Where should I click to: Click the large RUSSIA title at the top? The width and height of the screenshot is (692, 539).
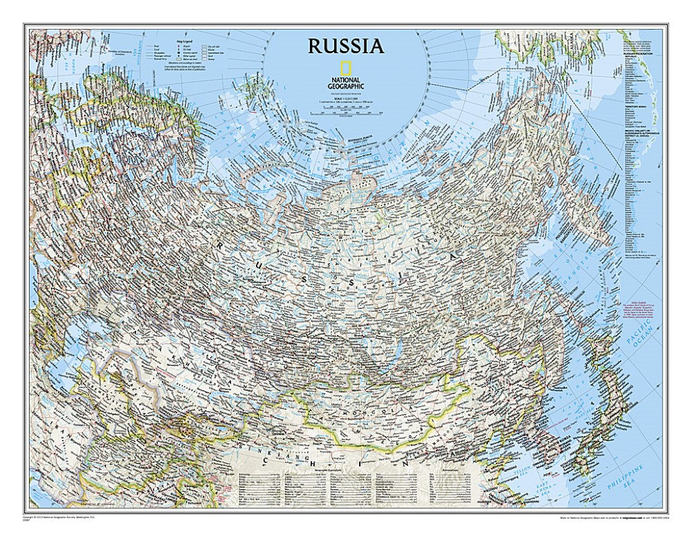pyautogui.click(x=346, y=46)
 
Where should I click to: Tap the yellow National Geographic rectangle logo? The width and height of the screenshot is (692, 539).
pyautogui.click(x=345, y=68)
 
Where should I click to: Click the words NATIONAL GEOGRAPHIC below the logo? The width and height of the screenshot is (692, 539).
pyautogui.click(x=346, y=83)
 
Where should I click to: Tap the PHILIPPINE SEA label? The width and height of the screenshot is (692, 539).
pyautogui.click(x=633, y=477)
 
